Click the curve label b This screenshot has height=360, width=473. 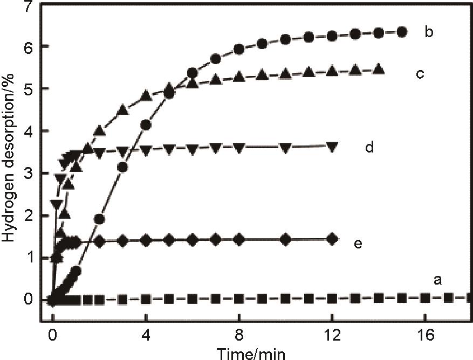tap(429, 32)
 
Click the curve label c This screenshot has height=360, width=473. tap(420, 74)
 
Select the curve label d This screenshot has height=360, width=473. tap(369, 147)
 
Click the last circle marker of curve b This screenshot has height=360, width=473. tap(402, 32)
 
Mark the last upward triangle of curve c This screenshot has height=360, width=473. tap(379, 69)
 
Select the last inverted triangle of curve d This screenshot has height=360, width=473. tap(332, 146)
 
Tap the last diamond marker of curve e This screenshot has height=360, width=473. tap(332, 239)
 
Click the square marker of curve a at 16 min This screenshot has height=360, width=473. tap(425, 297)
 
